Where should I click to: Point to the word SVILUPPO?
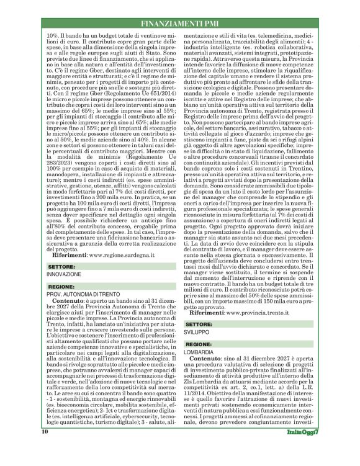pyautogui.click(x=202, y=333)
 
